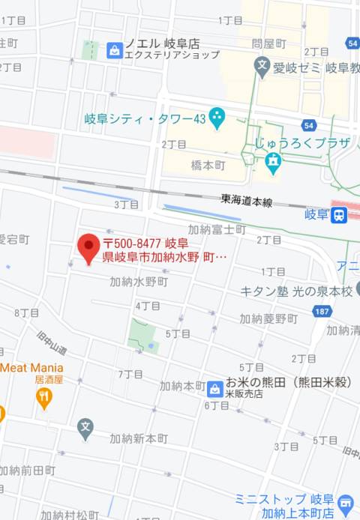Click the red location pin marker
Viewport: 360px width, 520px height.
click(x=89, y=247)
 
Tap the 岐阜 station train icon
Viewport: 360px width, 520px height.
click(x=340, y=215)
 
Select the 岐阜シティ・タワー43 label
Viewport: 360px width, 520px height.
click(x=145, y=118)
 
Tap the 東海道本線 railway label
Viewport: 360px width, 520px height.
click(x=247, y=200)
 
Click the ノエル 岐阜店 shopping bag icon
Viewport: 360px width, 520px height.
click(x=114, y=49)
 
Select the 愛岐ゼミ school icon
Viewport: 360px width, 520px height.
click(x=262, y=67)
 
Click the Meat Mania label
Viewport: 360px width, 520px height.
click(x=32, y=367)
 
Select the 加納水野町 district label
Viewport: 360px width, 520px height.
click(x=139, y=282)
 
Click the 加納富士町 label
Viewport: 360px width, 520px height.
click(x=216, y=229)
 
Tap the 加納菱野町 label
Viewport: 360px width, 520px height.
click(x=268, y=318)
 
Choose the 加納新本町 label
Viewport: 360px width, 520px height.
click(x=139, y=438)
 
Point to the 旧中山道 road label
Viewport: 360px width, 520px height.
click(x=56, y=345)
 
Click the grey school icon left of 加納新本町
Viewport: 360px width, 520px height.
click(x=85, y=429)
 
